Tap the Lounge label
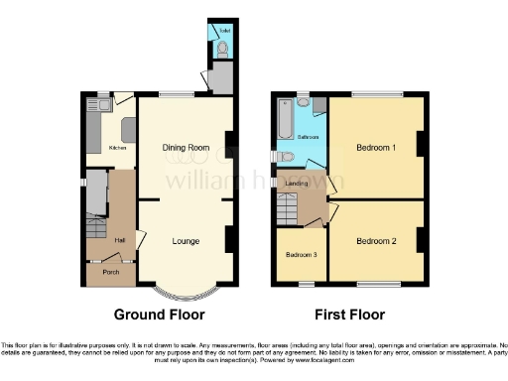pyautogui.click(x=186, y=241)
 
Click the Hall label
pyautogui.click(x=118, y=239)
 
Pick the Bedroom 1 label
pyautogui.click(x=375, y=148)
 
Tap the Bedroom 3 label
pyautogui.click(x=302, y=254)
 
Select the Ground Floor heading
pyautogui.click(x=159, y=315)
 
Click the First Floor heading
pyautogui.click(x=349, y=315)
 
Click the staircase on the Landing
pyautogui.click(x=289, y=208)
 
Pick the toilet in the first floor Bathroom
pyautogui.click(x=286, y=156)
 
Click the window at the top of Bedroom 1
pyautogui.click(x=375, y=95)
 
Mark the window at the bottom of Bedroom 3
pyautogui.click(x=302, y=286)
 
